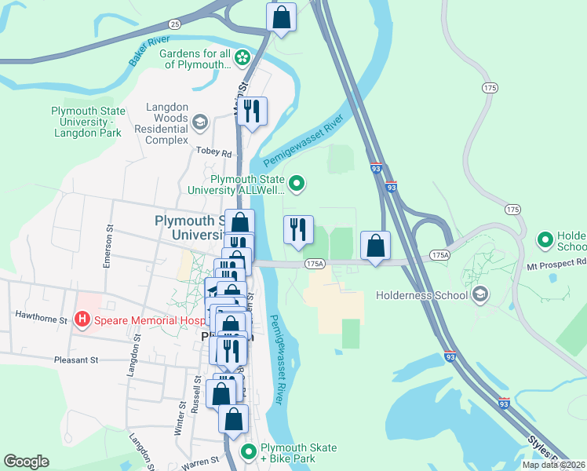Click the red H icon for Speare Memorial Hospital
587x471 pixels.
click(x=80, y=319)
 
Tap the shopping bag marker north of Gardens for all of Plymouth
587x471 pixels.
click(x=281, y=17)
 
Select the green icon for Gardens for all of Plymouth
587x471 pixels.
click(x=243, y=57)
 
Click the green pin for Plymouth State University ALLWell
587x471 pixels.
click(x=297, y=184)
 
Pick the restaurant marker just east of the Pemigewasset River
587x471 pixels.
click(x=297, y=230)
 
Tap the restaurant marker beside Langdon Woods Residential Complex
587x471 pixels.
click(x=252, y=111)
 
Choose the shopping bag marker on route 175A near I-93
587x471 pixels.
click(x=376, y=246)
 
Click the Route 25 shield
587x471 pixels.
click(x=174, y=24)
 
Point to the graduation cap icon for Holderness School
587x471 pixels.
click(x=480, y=295)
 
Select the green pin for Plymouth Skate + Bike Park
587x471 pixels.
click(x=249, y=452)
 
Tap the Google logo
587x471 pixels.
click(x=26, y=462)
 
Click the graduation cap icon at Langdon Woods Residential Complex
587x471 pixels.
click(x=200, y=122)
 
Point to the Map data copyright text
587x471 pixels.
click(x=553, y=465)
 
